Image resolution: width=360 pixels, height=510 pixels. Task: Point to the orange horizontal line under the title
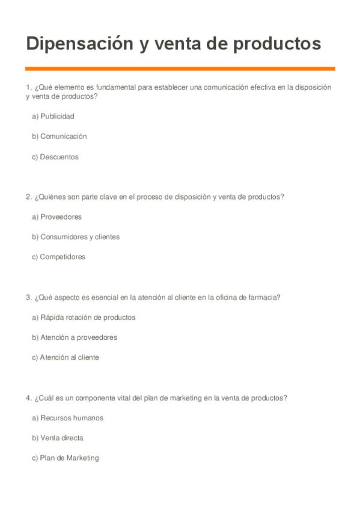coord(180,69)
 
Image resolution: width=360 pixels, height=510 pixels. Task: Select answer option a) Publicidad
coord(53,116)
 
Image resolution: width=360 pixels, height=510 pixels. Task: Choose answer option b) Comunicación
coord(59,137)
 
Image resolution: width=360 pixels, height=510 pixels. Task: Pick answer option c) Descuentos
coord(55,157)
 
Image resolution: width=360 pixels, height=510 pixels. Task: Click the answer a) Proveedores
coord(56,217)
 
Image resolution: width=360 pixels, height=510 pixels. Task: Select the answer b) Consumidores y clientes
coord(76,237)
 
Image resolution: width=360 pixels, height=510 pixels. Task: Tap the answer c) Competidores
coord(58,257)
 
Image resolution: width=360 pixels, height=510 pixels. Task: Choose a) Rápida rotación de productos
coord(84,317)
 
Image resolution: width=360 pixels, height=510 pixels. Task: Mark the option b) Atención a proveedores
coord(75,337)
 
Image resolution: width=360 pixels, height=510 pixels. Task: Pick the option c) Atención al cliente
coord(66,357)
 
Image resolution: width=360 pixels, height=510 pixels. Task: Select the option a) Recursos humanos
coord(67,418)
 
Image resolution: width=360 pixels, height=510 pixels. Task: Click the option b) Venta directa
coord(58,438)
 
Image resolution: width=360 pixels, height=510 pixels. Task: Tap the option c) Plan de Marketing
coord(65,458)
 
